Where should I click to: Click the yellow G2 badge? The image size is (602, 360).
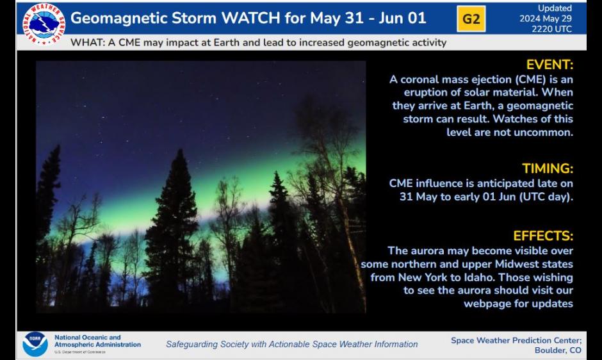point(471,19)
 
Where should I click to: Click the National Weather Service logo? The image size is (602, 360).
point(44,24)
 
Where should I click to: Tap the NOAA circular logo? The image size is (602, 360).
point(35,344)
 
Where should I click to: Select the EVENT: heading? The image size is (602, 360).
point(549,65)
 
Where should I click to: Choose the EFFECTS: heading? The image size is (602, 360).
point(543,236)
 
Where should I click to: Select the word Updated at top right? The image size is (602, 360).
point(555,8)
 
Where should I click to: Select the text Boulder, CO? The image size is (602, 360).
point(558,350)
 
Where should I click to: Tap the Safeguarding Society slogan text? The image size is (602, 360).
point(291,344)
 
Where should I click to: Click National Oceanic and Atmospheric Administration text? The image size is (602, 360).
point(97,341)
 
